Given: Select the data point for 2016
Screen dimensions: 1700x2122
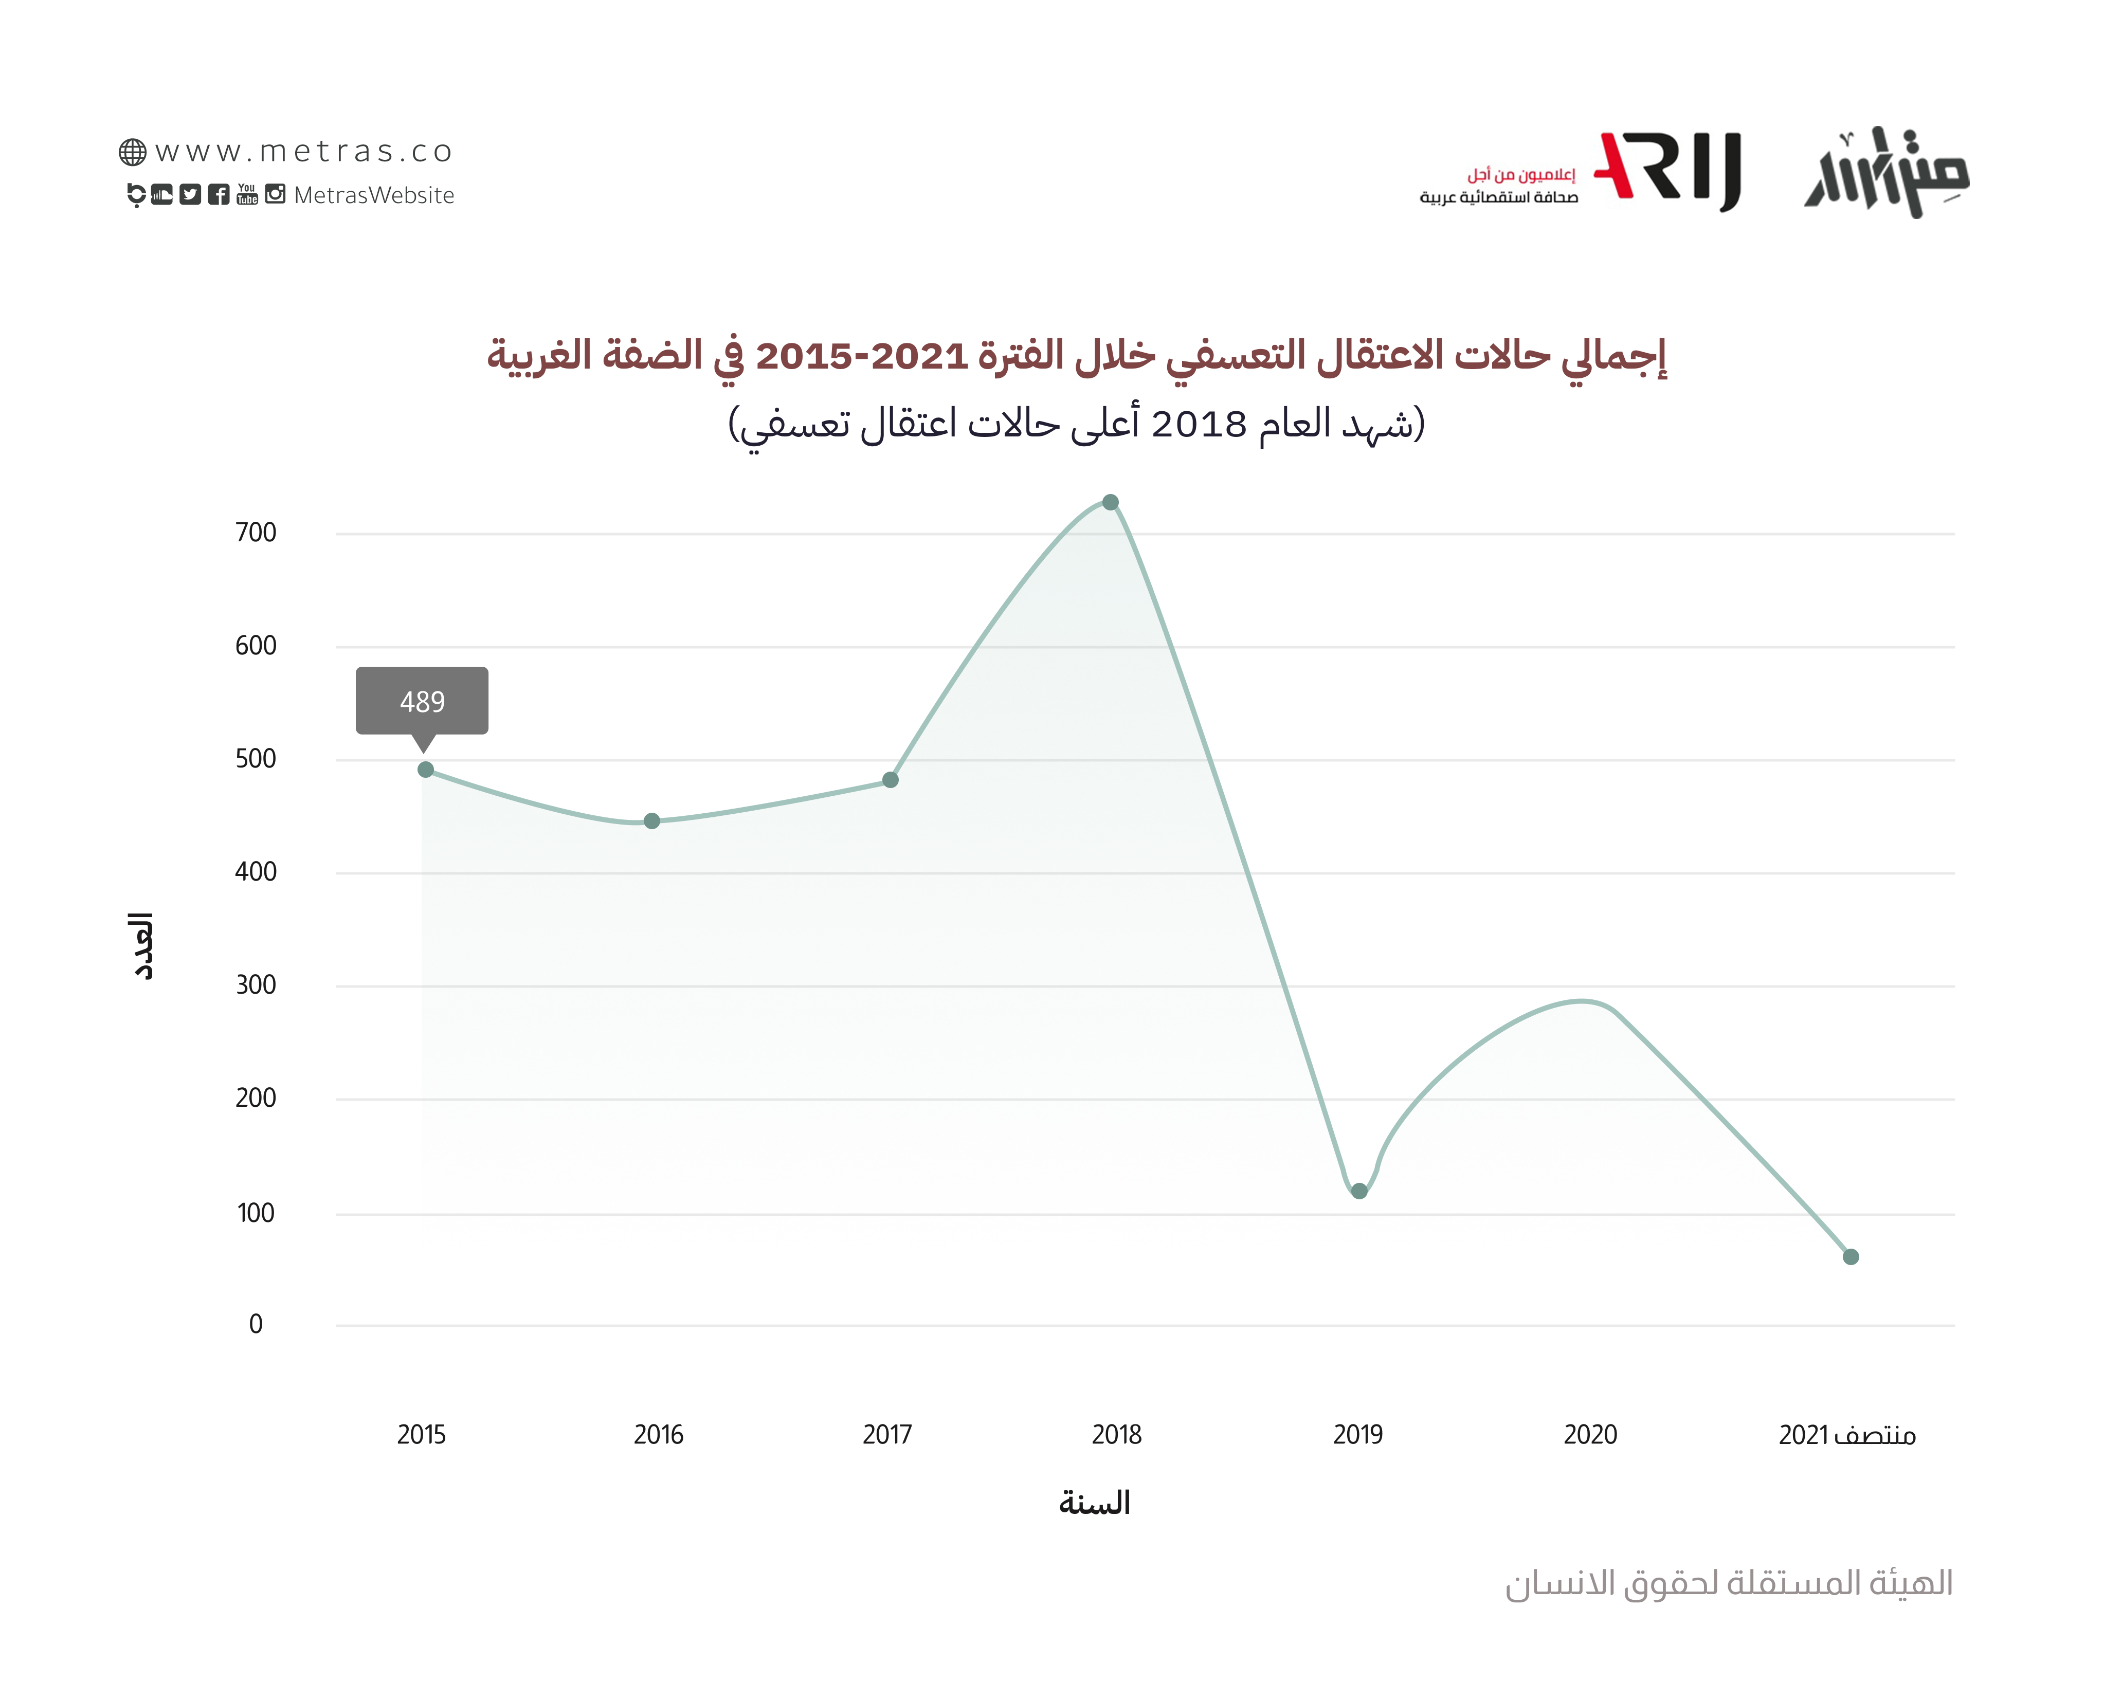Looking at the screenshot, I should [x=651, y=820].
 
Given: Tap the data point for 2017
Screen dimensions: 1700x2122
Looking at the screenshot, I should [x=890, y=780].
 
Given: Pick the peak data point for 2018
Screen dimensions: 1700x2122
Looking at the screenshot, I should [x=1110, y=503].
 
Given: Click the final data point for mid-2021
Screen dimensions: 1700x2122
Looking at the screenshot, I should [x=1851, y=1256].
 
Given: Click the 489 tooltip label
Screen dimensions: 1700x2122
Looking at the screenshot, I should [x=422, y=702].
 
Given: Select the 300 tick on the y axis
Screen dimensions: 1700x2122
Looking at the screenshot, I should [x=256, y=985].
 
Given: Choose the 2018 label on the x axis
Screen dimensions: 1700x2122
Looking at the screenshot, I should [x=1116, y=1434].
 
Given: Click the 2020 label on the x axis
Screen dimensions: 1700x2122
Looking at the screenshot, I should [x=1589, y=1434].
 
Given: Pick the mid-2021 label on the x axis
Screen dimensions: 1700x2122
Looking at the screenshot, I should [x=1846, y=1434].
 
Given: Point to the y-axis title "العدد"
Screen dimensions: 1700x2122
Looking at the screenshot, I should [x=143, y=946].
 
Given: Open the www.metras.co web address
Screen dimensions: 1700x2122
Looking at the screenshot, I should [x=303, y=152].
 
